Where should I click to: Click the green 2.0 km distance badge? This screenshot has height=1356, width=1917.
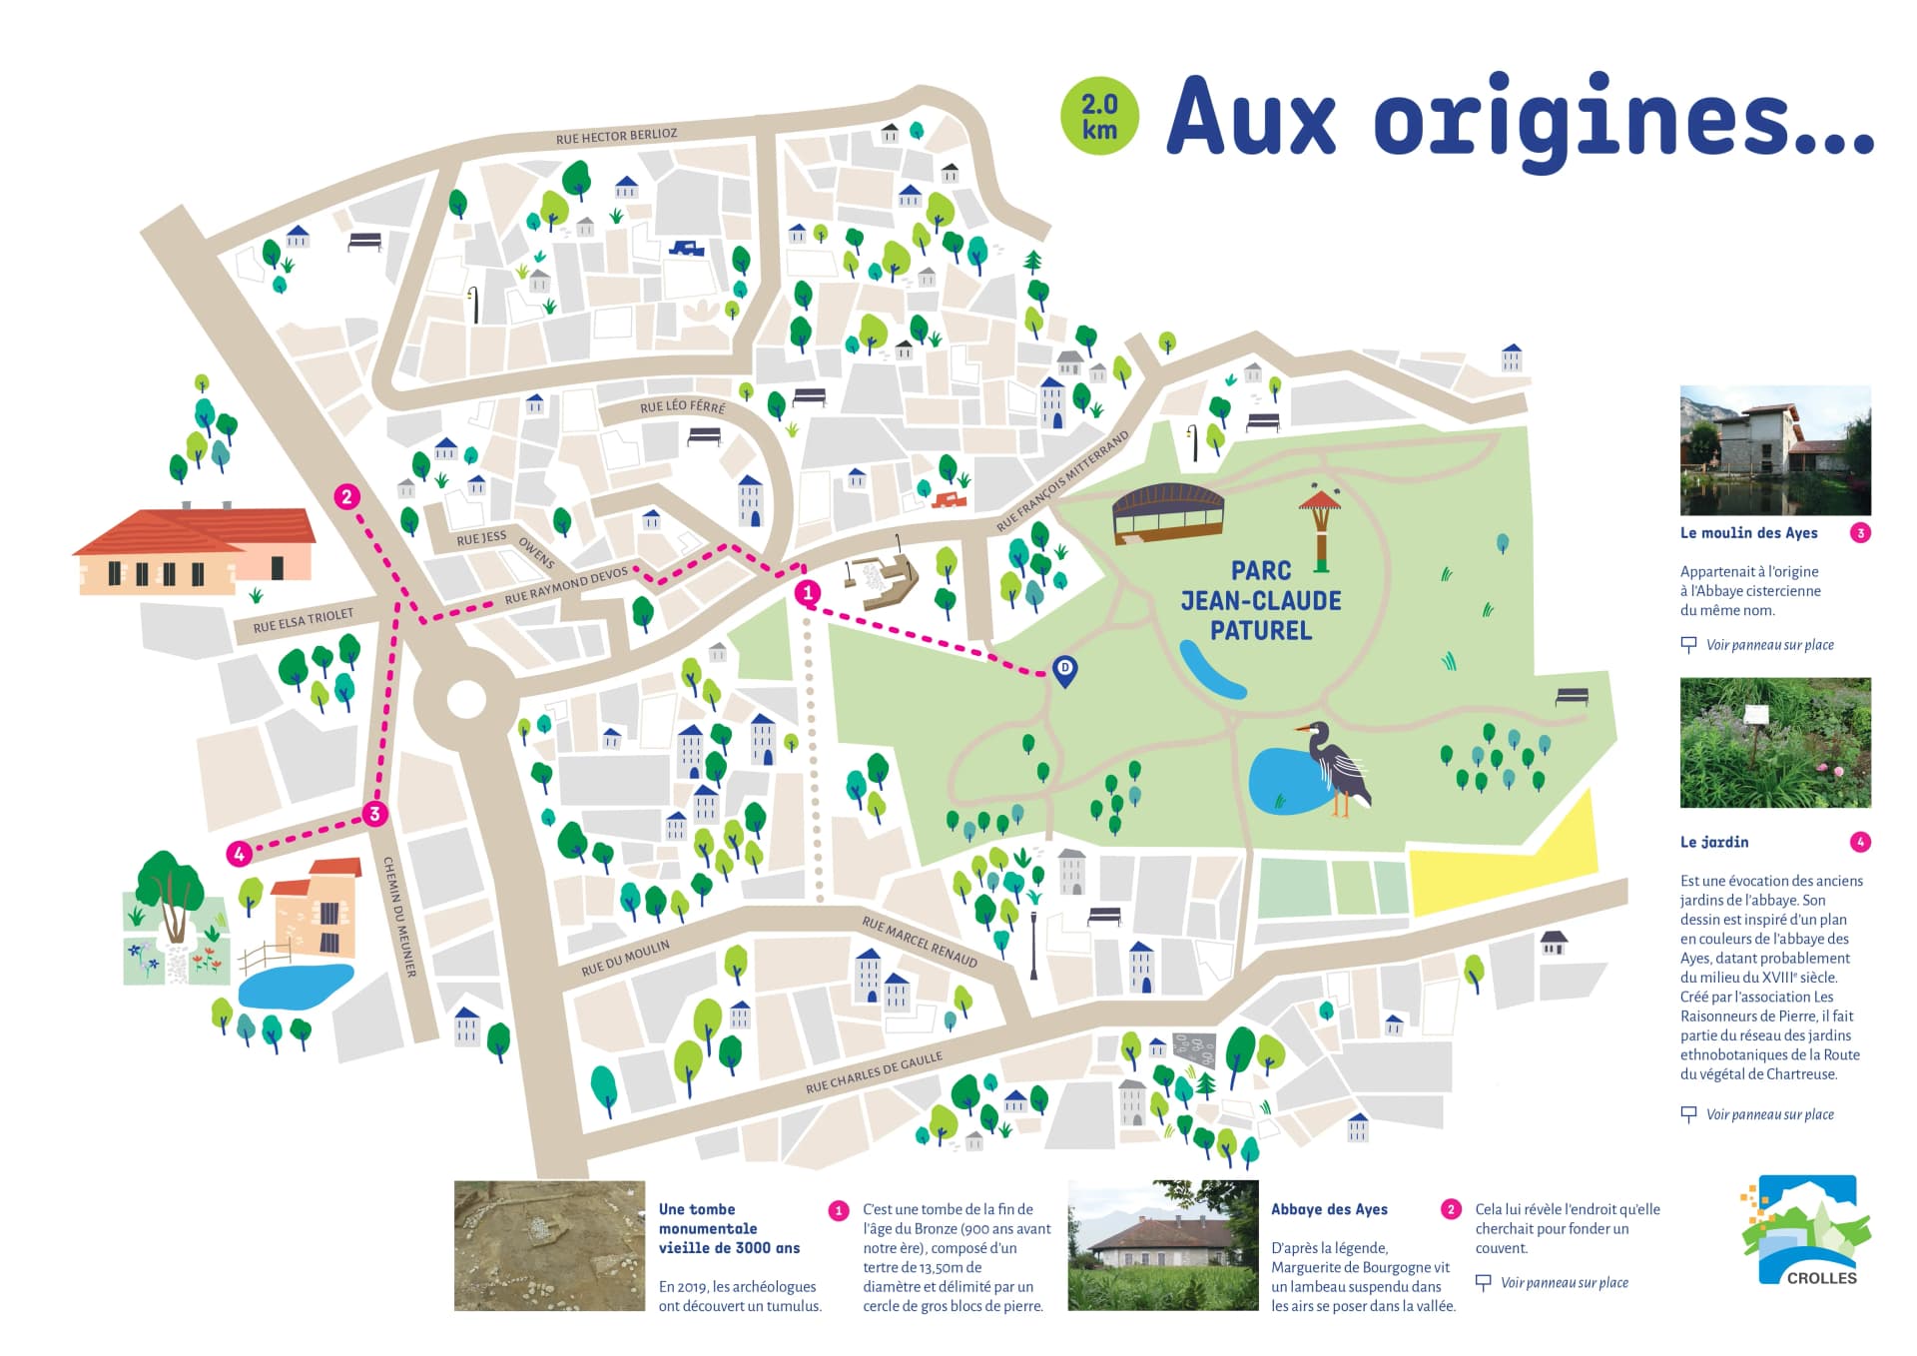[1099, 117]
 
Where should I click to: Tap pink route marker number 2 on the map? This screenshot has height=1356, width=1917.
[346, 496]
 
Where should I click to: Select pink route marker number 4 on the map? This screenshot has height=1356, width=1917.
[239, 854]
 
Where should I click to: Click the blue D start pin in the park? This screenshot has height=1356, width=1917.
[1065, 670]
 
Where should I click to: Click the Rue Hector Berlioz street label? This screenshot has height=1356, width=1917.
[616, 136]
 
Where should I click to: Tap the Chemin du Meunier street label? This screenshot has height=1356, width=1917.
[399, 917]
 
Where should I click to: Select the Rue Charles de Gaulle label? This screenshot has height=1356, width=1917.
[874, 1072]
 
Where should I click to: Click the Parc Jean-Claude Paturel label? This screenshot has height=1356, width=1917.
[1260, 600]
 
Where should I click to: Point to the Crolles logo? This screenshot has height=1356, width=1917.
[1806, 1230]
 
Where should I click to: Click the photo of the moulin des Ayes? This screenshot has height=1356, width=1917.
[1774, 449]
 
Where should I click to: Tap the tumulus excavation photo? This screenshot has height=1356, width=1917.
[549, 1245]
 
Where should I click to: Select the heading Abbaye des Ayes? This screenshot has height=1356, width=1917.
[1329, 1209]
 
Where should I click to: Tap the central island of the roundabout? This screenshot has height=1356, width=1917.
[466, 699]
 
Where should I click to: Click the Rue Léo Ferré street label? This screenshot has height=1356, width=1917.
[683, 406]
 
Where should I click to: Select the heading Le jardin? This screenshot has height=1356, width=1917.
[1713, 842]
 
